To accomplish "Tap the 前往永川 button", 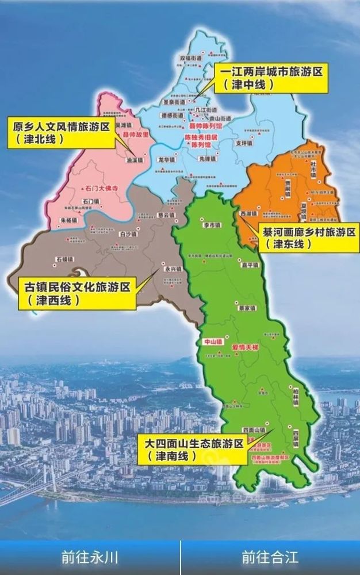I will click(90, 557).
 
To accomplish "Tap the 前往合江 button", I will click(270, 557).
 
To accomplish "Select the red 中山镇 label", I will click(212, 342).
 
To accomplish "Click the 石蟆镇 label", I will click(65, 259).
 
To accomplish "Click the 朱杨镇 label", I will click(68, 221).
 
